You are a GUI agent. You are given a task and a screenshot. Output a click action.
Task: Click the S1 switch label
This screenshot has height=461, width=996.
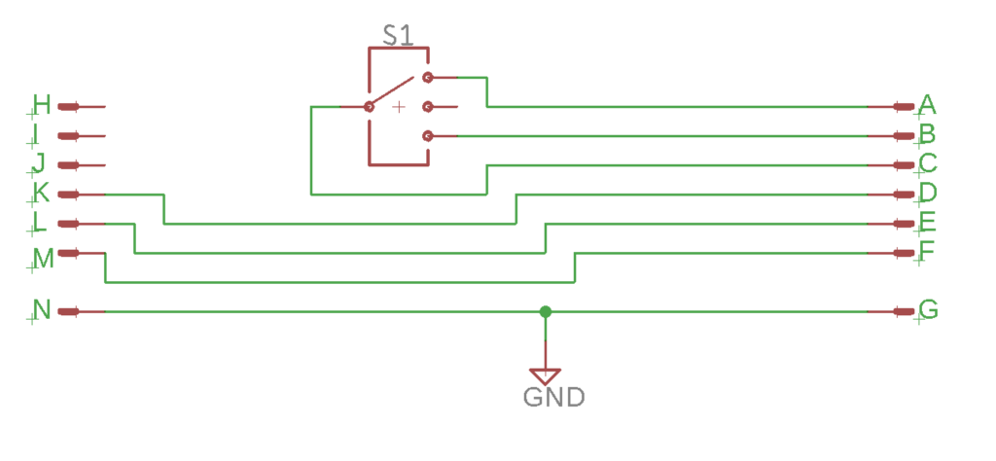coord(397,37)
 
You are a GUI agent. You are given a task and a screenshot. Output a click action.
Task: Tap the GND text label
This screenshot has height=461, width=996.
coord(553,397)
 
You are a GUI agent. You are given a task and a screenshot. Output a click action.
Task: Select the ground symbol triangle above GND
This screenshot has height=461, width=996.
coord(546,374)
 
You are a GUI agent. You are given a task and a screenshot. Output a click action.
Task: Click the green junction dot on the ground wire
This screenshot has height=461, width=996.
coord(546,311)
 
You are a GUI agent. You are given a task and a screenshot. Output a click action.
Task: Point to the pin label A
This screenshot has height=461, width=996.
coord(927,104)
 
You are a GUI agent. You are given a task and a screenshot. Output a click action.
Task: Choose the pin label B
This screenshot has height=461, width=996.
coord(927,133)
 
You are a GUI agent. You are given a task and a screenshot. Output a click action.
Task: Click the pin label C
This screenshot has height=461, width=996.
coord(927,162)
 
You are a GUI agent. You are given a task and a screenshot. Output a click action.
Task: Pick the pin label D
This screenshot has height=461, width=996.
coord(927,192)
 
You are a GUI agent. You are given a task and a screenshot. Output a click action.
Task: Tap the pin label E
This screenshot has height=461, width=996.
coord(927,222)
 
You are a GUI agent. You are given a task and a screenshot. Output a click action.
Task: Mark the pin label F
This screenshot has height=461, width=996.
coord(927,251)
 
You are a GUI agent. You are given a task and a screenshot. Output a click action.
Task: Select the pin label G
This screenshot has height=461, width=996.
coord(928,310)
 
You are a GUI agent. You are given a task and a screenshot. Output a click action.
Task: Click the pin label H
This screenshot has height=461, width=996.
coord(41,104)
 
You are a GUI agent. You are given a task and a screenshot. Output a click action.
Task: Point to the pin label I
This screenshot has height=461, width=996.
coord(37,133)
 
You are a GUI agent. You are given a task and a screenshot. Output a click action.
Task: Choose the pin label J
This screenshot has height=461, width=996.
coord(39,162)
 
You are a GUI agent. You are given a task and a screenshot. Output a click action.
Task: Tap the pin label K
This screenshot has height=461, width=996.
coord(41,192)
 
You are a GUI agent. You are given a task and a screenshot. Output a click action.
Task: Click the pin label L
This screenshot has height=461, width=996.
coord(40,222)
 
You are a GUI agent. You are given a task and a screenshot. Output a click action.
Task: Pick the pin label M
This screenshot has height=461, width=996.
coord(43,257)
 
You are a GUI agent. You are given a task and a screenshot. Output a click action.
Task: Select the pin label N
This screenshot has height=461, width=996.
coord(41,310)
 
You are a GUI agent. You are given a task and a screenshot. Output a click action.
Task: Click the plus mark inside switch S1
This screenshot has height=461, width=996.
coord(398,107)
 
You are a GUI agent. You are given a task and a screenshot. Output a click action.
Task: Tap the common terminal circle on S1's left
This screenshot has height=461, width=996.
coord(369,107)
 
